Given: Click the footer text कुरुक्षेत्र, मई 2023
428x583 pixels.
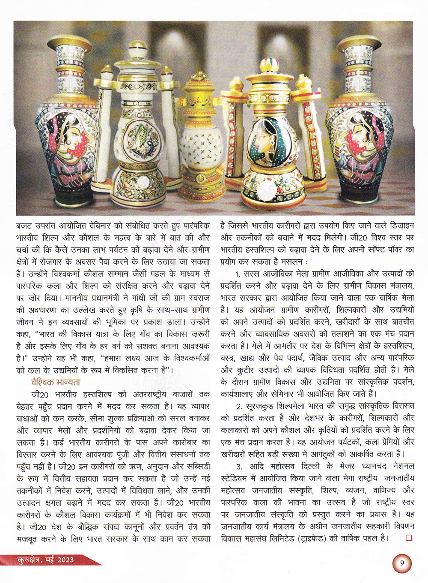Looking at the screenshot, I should (x=45, y=559).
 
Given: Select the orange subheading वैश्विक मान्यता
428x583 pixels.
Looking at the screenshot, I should (x=56, y=382).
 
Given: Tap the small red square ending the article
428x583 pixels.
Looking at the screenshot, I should (x=409, y=538).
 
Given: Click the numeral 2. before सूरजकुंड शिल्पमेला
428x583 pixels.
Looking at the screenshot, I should (x=239, y=406).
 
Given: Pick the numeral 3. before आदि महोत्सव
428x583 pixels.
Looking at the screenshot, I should (x=239, y=466).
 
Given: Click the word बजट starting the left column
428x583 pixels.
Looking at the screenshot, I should (x=24, y=225).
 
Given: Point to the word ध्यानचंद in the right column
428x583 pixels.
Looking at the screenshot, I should (x=371, y=466).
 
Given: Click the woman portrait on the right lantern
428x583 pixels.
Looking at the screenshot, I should (x=265, y=139).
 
